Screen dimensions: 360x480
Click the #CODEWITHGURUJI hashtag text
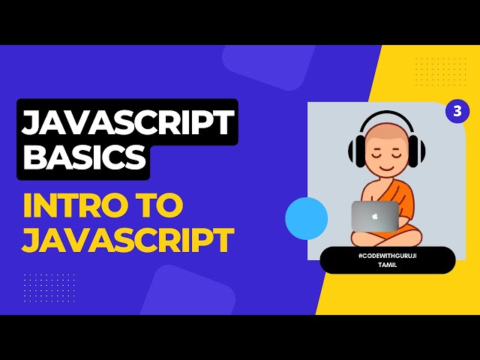click(387, 256)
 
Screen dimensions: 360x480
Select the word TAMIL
click(387, 265)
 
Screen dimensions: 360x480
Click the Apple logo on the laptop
click(375, 216)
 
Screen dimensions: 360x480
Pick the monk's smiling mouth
click(387, 169)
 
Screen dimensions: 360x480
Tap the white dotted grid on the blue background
click(49, 287)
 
